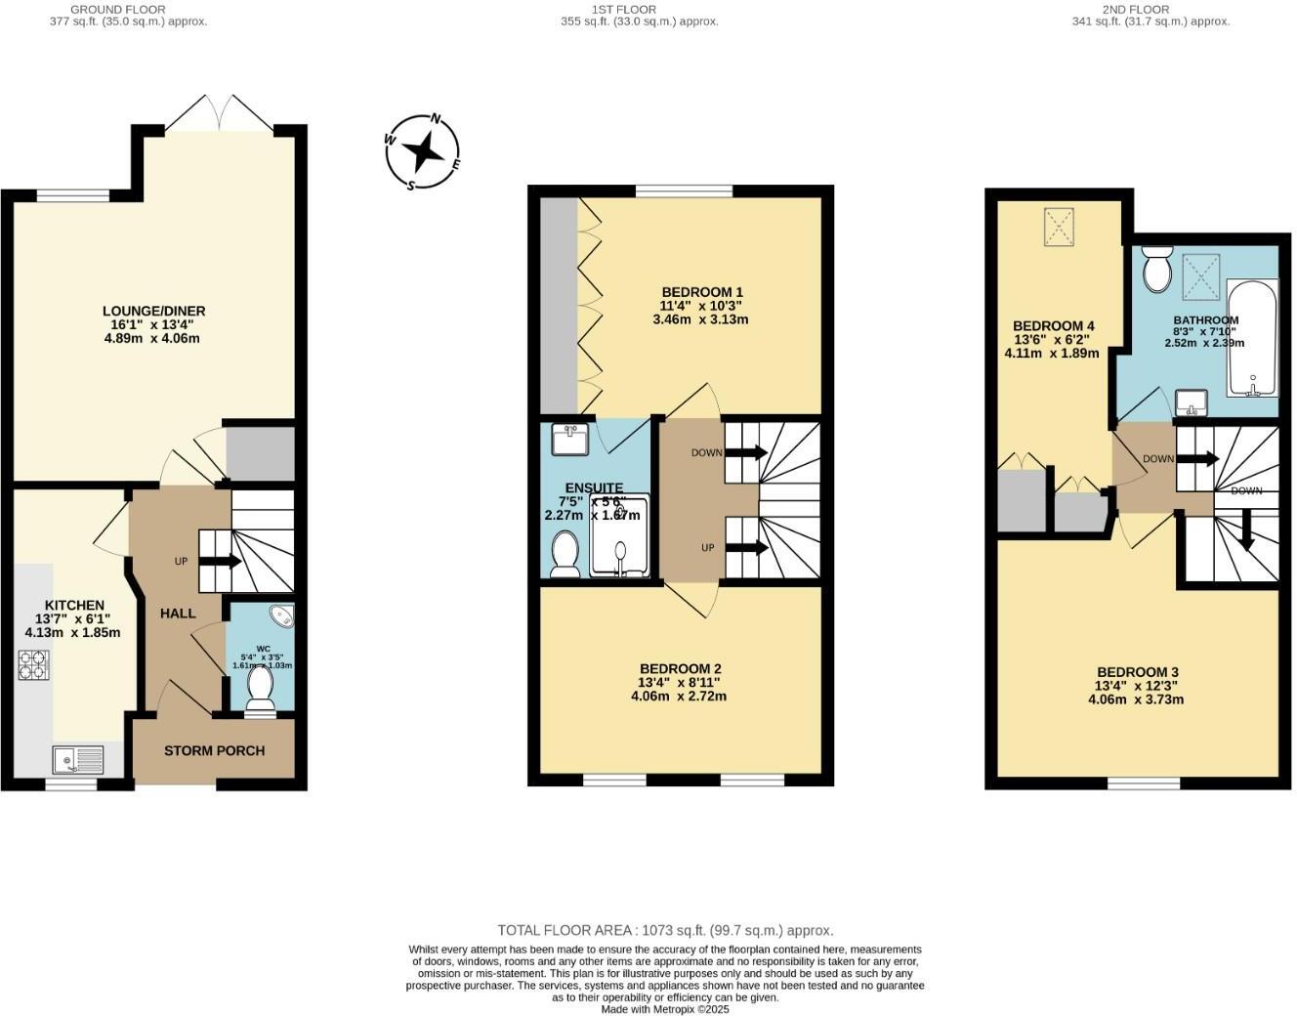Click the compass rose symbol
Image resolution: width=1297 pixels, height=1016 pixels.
pyautogui.click(x=422, y=151)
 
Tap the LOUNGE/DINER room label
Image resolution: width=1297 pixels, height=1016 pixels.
pyautogui.click(x=153, y=312)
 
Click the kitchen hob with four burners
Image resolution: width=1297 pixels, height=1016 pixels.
pyautogui.click(x=33, y=665)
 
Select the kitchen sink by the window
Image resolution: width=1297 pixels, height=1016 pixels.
pyautogui.click(x=78, y=759)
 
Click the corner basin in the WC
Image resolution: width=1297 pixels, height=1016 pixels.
pyautogui.click(x=282, y=615)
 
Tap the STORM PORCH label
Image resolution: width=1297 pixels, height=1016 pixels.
pyautogui.click(x=214, y=751)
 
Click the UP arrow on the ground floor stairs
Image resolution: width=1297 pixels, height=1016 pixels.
pyautogui.click(x=221, y=562)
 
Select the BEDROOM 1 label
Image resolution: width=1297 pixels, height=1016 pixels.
pyautogui.click(x=702, y=292)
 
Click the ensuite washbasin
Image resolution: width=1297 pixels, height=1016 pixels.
pyautogui.click(x=569, y=440)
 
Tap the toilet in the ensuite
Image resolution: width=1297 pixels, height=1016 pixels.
pyautogui.click(x=565, y=554)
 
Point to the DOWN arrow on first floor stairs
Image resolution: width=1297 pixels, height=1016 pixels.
pyautogui.click(x=747, y=452)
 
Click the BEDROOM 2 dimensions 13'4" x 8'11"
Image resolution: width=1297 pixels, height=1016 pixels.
pyautogui.click(x=679, y=683)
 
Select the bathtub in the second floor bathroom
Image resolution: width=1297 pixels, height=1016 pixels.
pyautogui.click(x=1251, y=339)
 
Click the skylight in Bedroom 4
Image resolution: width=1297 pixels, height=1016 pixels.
pyautogui.click(x=1059, y=227)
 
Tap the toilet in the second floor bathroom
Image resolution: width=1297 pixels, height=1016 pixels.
pyautogui.click(x=1157, y=268)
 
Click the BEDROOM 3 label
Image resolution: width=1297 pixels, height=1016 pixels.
pyautogui.click(x=1137, y=672)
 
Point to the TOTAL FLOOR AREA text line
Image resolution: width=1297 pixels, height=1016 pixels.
pyautogui.click(x=665, y=930)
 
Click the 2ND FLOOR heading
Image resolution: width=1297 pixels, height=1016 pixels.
pyautogui.click(x=1150, y=9)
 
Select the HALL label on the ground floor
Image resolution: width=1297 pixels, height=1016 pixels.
pyautogui.click(x=178, y=614)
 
